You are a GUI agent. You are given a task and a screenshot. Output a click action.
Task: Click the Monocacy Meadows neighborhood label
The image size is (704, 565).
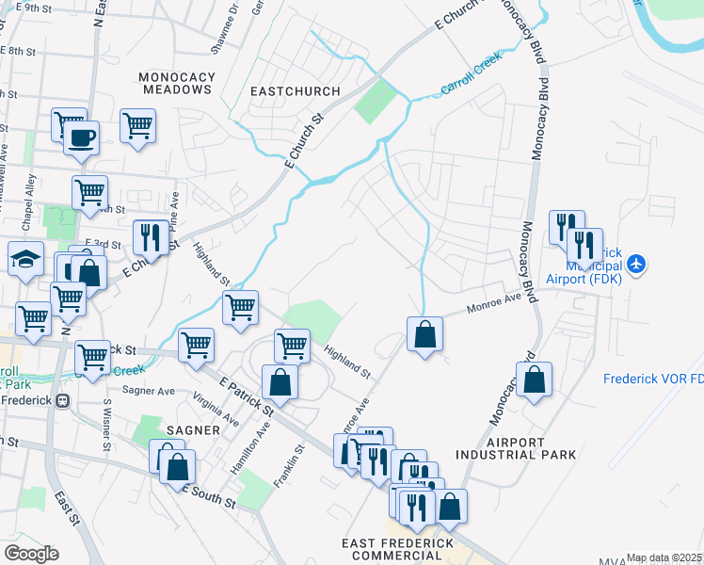tap(177, 83)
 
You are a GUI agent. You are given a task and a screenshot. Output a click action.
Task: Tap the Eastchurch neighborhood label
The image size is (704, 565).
tap(295, 91)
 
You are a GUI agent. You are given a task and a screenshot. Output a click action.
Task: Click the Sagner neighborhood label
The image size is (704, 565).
tap(193, 429)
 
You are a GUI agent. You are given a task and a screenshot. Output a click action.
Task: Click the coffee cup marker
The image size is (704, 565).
tap(81, 137)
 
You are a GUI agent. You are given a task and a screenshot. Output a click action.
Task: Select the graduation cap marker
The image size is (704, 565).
tap(25, 258)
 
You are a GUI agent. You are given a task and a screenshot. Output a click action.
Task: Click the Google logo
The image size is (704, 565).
tap(30, 553)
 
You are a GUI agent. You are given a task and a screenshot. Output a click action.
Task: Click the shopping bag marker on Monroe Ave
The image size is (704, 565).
tap(424, 332)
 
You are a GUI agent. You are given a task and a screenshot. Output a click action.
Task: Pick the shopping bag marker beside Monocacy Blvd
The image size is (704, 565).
tap(534, 379)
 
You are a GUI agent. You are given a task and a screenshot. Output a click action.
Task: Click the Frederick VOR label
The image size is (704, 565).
tap(653, 379)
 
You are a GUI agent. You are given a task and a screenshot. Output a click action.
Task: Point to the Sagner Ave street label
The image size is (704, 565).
tap(149, 391)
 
